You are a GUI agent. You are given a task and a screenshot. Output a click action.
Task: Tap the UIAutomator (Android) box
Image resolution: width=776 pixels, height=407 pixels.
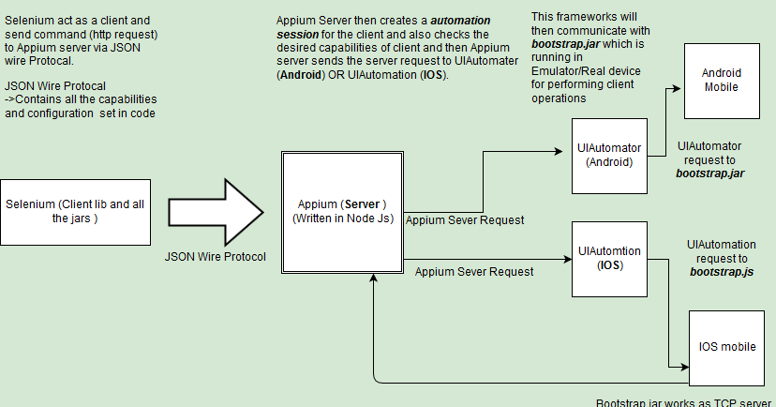click(x=609, y=156)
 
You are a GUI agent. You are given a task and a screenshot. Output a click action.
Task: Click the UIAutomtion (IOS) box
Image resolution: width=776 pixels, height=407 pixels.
click(x=609, y=258)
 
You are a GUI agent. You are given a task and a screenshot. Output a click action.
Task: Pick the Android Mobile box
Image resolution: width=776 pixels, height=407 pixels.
click(x=722, y=80)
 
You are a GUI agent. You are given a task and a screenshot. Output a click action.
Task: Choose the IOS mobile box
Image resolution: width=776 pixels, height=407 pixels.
click(x=726, y=347)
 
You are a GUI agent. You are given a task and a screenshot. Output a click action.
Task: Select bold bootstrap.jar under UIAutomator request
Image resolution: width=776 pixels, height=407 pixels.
click(x=709, y=173)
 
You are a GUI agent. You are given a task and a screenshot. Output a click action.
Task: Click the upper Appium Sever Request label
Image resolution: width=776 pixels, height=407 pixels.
click(x=464, y=219)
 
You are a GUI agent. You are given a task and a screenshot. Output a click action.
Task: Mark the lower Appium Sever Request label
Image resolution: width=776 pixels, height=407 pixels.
click(x=473, y=271)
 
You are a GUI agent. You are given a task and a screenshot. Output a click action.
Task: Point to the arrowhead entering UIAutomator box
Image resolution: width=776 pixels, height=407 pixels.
click(x=566, y=149)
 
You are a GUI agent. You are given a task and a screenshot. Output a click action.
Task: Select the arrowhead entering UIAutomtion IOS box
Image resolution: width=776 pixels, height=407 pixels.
click(x=566, y=260)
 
